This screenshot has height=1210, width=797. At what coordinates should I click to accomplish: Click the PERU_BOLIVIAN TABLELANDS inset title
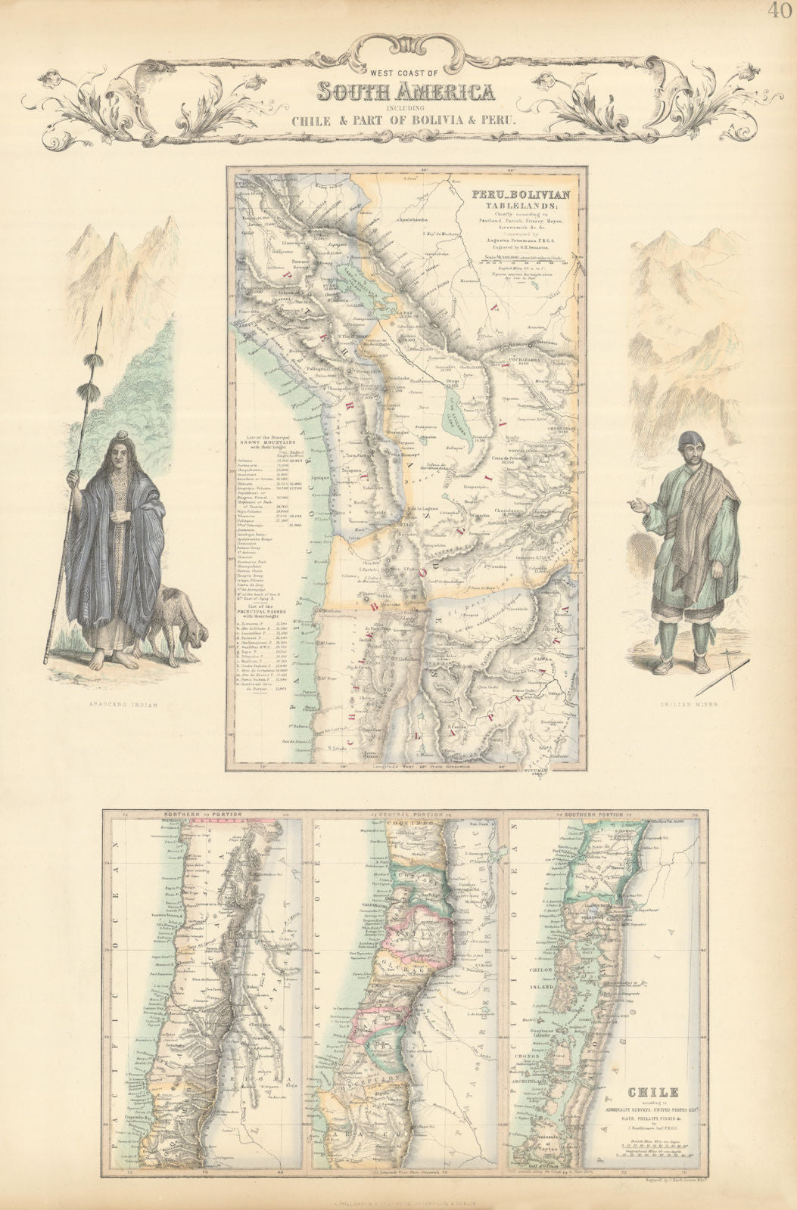513,199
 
